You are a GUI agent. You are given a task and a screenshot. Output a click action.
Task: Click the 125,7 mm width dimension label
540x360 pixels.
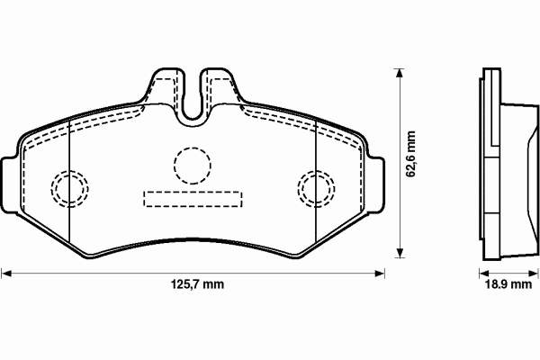[197, 284]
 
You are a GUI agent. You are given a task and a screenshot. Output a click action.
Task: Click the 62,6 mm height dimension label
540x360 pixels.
[410, 154]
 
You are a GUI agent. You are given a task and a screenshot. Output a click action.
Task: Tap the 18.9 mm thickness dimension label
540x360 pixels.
[508, 284]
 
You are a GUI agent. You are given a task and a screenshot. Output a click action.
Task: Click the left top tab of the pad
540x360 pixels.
[166, 85]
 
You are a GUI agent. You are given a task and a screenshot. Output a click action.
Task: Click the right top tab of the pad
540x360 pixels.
[220, 85]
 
